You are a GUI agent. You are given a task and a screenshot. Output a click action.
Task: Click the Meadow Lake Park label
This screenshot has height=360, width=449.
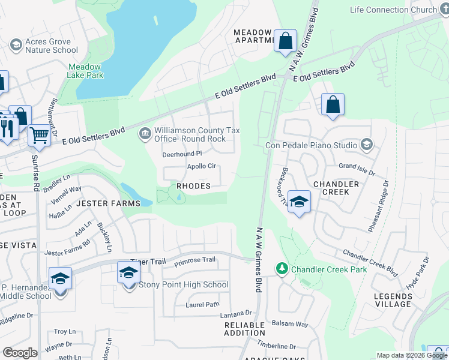(x=86, y=70)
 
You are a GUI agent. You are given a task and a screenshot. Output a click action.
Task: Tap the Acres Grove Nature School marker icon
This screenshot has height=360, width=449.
(x=16, y=44)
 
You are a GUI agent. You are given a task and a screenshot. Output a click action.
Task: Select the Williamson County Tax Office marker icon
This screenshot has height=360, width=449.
(x=145, y=133)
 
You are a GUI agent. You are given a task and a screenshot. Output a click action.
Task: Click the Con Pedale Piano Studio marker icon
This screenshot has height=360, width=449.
(x=367, y=144)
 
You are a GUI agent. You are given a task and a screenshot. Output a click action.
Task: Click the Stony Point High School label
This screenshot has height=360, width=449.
(x=184, y=284)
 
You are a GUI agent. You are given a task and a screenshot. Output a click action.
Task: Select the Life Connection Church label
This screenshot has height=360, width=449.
(x=393, y=10)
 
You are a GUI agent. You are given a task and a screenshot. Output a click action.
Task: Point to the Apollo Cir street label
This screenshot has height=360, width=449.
(x=201, y=166)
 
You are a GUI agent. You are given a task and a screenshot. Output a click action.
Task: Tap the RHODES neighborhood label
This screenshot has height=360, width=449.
(x=193, y=186)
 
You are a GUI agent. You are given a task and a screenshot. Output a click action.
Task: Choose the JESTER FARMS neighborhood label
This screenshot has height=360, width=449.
(x=108, y=203)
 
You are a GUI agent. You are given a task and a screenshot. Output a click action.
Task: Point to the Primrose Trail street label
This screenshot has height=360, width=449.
(x=194, y=260)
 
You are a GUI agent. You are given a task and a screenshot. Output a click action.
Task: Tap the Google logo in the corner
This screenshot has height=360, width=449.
(x=19, y=353)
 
